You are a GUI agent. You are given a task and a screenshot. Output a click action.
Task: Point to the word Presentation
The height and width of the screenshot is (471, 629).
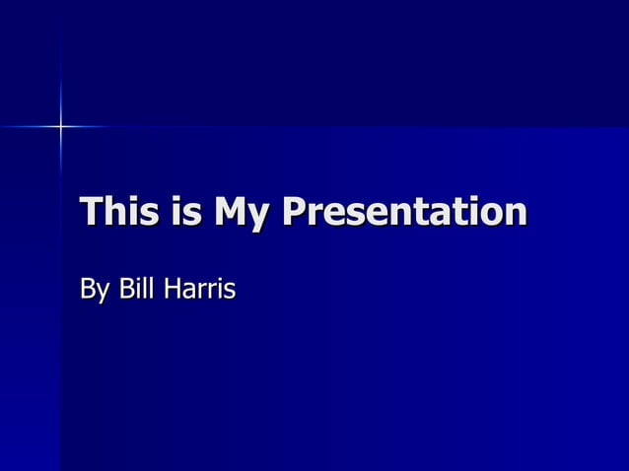[403, 213]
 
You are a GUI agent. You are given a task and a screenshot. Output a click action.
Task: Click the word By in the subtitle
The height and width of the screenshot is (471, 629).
[96, 291]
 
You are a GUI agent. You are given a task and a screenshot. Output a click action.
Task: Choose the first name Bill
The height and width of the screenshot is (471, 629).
[135, 290]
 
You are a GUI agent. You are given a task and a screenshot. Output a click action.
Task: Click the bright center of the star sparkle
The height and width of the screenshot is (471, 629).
[60, 126]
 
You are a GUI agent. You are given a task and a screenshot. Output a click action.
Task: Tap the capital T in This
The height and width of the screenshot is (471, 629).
[91, 212]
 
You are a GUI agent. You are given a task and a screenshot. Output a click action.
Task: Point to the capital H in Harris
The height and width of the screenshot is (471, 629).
[174, 290]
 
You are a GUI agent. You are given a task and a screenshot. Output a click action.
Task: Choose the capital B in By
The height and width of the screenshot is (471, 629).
[88, 290]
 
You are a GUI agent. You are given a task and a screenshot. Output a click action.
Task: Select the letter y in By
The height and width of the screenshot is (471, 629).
[105, 295]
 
